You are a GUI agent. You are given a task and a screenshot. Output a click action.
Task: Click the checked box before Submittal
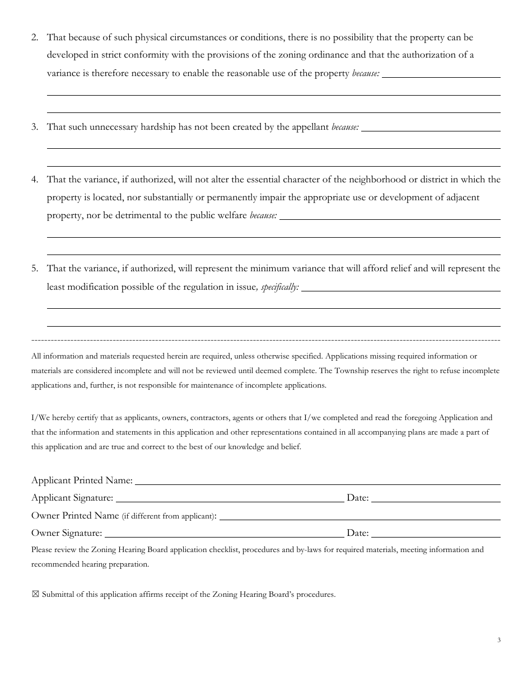35,595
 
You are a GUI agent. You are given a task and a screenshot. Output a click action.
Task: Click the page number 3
498,640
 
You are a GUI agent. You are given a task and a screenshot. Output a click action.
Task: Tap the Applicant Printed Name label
82,480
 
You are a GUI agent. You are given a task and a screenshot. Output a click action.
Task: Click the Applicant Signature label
72,498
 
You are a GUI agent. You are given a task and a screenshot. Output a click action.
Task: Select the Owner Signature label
67,533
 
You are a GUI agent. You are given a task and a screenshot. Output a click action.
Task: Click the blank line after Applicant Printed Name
318,481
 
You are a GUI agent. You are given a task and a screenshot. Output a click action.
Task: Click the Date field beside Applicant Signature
436,498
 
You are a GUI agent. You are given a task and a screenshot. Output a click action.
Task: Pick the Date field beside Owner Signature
436,534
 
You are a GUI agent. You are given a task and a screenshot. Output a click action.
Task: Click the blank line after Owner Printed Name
360,516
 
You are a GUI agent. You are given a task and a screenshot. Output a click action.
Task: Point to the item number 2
35,37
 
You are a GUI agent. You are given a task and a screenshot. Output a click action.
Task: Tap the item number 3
35,127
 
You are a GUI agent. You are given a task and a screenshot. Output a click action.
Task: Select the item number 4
35,180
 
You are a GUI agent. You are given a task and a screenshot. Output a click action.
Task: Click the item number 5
35,268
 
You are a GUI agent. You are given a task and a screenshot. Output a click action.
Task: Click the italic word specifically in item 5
280,288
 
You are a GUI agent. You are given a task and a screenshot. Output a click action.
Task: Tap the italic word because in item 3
345,128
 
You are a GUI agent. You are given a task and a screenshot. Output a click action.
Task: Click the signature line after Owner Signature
224,534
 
